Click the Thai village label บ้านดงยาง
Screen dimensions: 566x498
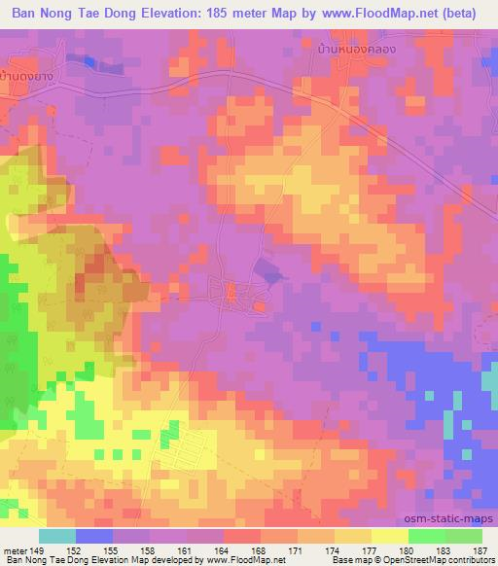coord(29,74)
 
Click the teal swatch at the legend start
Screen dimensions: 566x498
coord(57,536)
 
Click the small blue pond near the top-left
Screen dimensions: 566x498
coord(89,61)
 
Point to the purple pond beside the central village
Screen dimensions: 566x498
coord(270,274)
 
